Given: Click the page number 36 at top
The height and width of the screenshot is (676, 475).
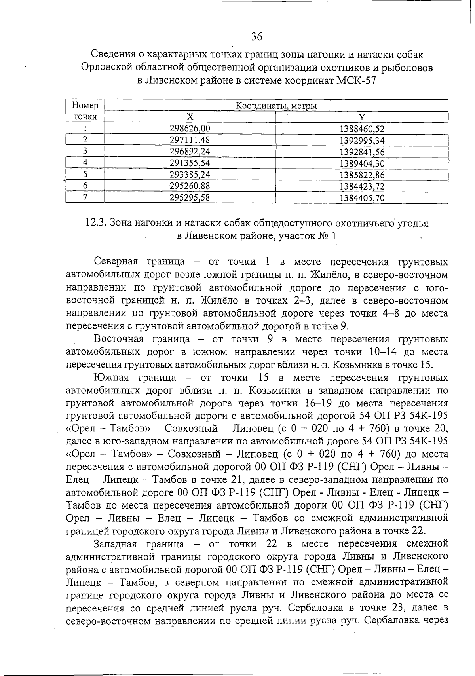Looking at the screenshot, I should (256, 37).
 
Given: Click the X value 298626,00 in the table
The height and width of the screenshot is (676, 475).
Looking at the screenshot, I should (190, 128).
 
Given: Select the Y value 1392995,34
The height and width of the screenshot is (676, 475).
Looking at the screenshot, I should (362, 140).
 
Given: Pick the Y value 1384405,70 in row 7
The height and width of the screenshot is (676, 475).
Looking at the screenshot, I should (362, 197).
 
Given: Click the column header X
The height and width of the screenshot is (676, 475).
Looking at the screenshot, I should (190, 117).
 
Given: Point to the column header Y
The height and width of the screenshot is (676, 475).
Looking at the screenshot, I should (361, 117).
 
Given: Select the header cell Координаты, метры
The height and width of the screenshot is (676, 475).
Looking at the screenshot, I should (276, 106).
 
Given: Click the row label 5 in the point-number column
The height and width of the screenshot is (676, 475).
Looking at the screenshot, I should (85, 174).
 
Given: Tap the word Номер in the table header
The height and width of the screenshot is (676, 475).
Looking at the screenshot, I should (85, 106).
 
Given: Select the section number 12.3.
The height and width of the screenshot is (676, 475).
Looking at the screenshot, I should (95, 223).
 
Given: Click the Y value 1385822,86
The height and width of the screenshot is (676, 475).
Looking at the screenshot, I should (362, 175).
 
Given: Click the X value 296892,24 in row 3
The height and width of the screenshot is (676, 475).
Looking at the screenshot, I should (190, 152).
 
